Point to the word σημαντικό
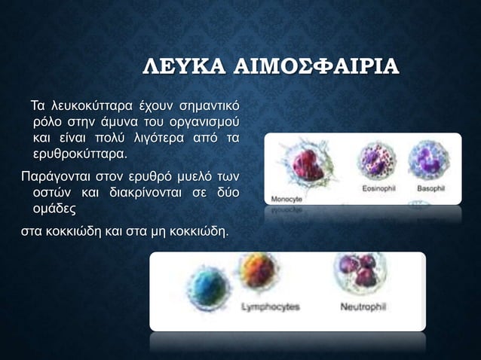coord(205,103)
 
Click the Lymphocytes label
coord(270,307)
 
